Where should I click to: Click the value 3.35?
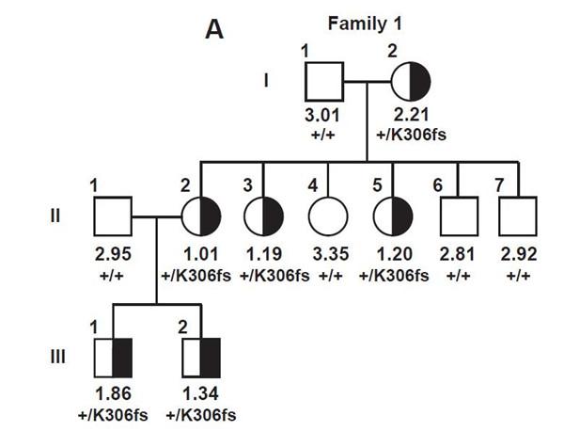(327, 254)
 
